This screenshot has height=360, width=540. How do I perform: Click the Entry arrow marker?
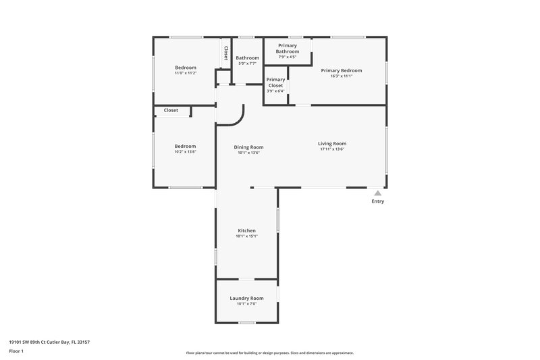pos(377,192)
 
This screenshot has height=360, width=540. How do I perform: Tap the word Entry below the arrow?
pos(377,201)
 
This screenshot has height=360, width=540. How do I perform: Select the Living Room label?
pos(332,143)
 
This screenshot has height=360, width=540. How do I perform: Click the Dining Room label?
pos(248,147)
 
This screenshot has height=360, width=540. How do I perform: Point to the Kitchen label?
pos(246,230)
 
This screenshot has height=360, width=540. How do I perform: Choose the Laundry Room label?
pos(246,298)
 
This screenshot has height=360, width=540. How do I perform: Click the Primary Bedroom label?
pos(341,70)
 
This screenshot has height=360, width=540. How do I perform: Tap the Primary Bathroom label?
pos(288,48)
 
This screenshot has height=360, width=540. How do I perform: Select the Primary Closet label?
pos(275,82)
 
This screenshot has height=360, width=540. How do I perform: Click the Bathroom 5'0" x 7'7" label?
pos(247,58)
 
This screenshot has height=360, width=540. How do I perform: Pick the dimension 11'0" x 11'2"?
pos(186,73)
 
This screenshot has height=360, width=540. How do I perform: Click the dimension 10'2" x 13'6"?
pos(185,152)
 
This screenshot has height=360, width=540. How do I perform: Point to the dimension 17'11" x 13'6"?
pos(332,149)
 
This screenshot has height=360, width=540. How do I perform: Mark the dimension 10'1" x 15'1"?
pos(246,236)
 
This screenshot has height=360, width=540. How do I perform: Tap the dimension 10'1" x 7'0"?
pos(246,304)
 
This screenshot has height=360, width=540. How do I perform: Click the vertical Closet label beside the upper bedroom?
pos(225,53)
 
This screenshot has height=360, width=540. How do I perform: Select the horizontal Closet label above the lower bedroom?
pos(171,110)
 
